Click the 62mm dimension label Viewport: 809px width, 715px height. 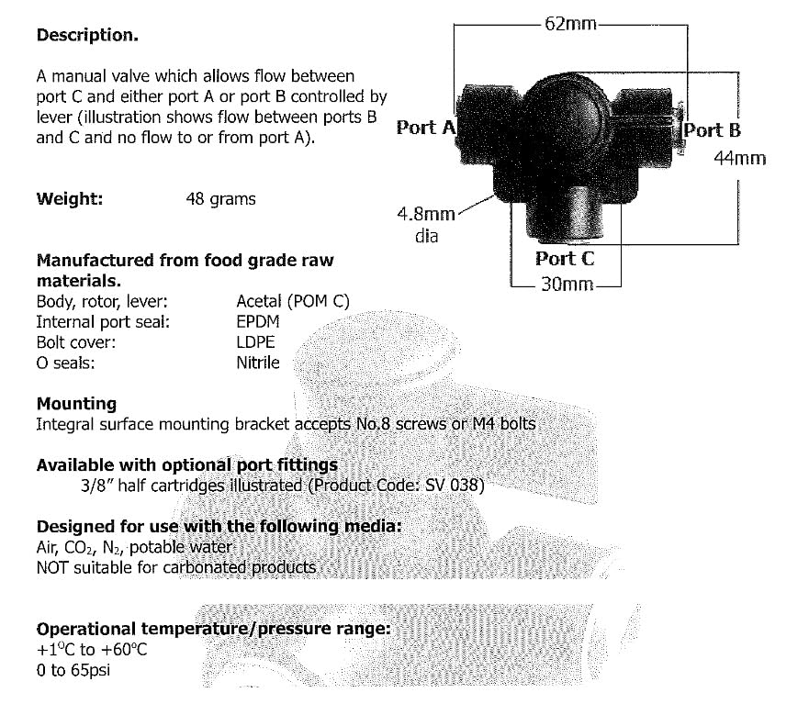570,24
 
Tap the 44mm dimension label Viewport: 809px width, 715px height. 740,158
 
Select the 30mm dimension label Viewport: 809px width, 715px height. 567,285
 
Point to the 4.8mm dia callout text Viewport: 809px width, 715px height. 426,224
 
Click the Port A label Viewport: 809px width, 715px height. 426,128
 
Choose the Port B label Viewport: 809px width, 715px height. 712,130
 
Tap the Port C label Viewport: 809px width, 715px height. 565,259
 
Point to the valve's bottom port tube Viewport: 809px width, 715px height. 564,214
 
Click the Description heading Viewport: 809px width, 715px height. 87,35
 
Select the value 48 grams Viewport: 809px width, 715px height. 220,199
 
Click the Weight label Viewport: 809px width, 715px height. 70,198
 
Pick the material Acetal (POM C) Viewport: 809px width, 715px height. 293,301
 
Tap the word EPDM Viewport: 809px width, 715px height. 258,322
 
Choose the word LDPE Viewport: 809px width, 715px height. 255,342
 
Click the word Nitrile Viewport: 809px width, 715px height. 258,363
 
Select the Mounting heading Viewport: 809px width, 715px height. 76,404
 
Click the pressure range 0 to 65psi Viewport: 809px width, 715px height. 73,670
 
